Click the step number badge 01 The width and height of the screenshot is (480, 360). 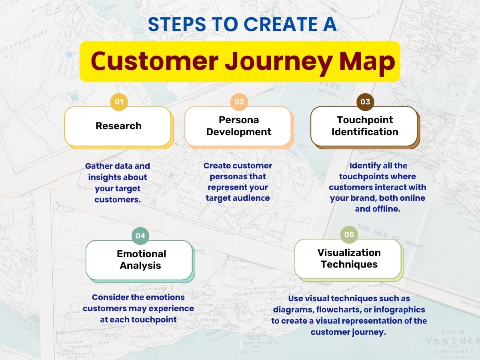[x=119, y=102]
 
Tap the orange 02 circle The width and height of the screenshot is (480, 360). [x=239, y=102]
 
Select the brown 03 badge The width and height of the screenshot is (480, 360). [x=365, y=102]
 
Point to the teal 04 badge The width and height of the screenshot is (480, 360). [x=140, y=236]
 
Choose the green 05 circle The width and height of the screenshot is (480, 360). [x=349, y=235]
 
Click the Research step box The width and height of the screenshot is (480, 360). [x=118, y=126]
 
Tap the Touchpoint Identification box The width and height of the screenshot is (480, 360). [x=364, y=126]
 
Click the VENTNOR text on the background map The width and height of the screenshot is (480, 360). [x=452, y=342]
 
